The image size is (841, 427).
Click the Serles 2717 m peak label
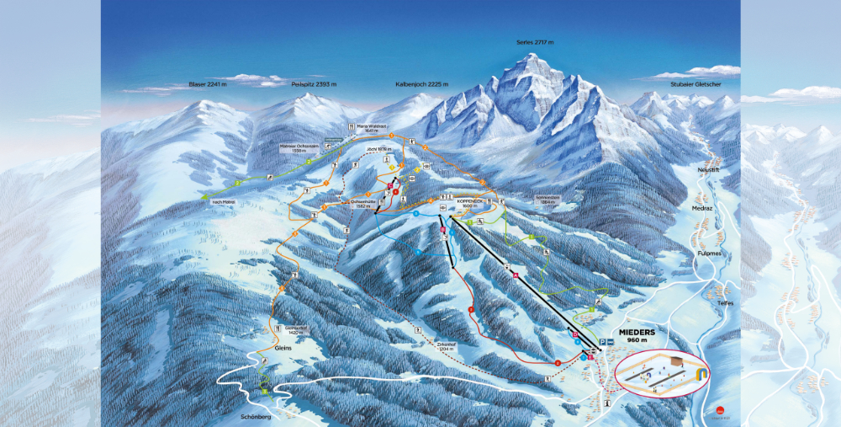[536, 41]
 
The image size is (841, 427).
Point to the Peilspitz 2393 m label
[314, 84]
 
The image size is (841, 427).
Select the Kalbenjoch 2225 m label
[422, 84]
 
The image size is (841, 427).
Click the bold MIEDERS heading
[637, 332]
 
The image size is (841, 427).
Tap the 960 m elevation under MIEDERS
[636, 341]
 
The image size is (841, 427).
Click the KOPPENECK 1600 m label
[470, 204]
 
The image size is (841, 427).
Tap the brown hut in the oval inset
[675, 361]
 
